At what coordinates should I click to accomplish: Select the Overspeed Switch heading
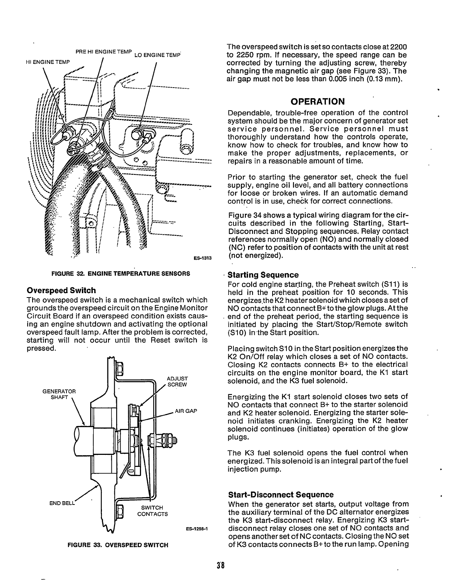pos(61,291)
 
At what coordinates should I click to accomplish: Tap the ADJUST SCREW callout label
pos(177,382)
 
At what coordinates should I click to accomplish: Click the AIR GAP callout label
pos(186,411)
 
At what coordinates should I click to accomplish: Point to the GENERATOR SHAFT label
pos(59,394)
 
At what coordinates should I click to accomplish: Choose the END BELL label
pos(62,503)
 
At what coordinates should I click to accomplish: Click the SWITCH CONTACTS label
pos(152,511)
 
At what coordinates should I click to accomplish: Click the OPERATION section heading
pos(317,101)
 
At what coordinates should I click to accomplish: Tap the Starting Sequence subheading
pos(263,275)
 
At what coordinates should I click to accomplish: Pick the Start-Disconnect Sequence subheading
pos(281,495)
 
